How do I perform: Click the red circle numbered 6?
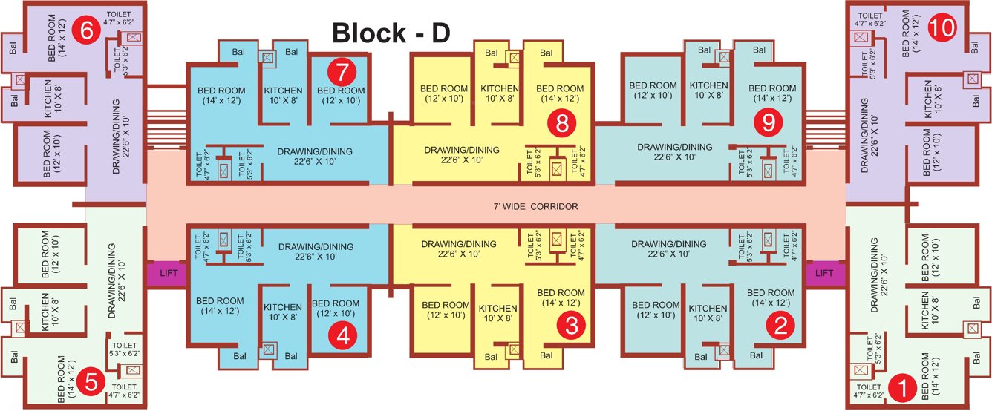[87, 31]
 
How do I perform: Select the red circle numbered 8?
[561, 125]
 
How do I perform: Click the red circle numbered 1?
[903, 387]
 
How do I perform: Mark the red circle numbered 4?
[342, 335]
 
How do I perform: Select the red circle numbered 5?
[91, 383]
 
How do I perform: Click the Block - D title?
[391, 33]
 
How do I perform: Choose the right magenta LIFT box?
[824, 272]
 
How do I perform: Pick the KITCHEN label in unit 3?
[497, 313]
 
